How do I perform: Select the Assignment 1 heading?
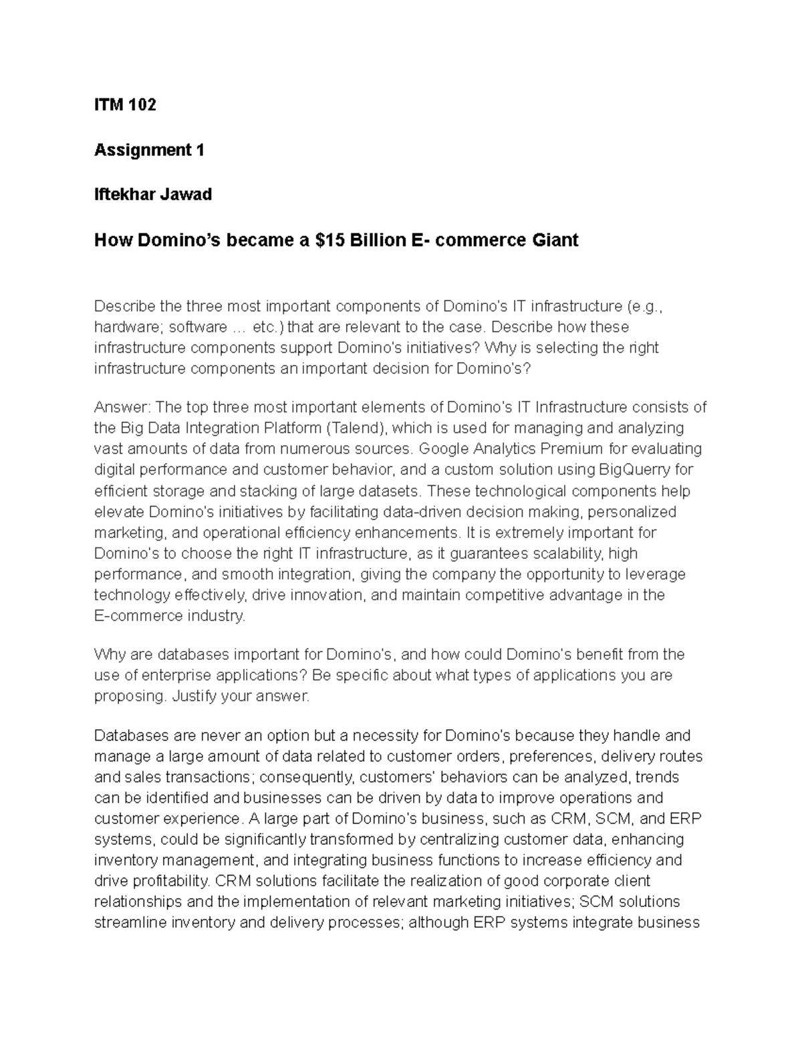point(149,150)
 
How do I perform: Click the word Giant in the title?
point(555,240)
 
